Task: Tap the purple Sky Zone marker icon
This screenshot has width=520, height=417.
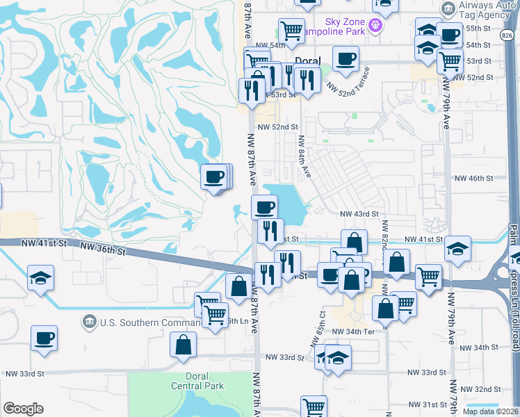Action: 376,25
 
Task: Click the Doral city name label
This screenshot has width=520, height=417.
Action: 308,61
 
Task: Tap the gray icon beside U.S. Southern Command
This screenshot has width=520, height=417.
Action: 90,322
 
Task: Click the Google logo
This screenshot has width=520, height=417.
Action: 23,409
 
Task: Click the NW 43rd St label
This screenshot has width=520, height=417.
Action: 359,214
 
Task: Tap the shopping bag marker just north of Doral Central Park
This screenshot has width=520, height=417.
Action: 182,345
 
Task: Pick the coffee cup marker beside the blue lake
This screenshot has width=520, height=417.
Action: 264,207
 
